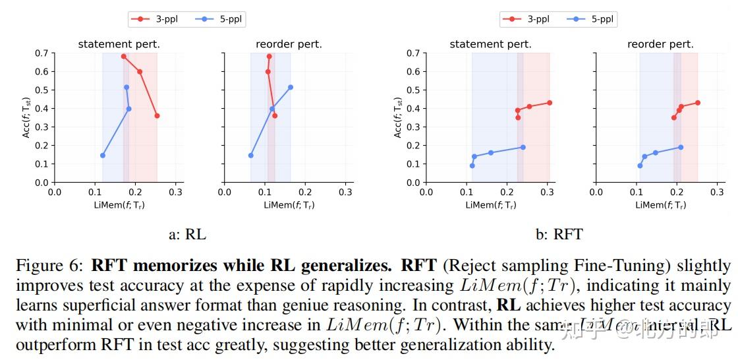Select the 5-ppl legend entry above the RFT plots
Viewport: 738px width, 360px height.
(592, 19)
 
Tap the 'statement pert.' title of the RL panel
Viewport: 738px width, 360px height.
(119, 44)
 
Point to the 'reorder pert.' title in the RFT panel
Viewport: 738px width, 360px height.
(660, 44)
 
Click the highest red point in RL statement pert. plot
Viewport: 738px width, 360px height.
(123, 57)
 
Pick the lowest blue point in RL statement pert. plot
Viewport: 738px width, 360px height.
(102, 156)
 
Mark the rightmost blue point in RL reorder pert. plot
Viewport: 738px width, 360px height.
(290, 87)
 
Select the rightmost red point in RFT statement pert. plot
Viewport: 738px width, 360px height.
(550, 103)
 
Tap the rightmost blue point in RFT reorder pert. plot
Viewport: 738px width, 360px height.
(681, 148)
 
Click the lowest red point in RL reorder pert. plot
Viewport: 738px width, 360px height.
(275, 115)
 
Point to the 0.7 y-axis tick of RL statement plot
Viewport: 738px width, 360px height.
(42, 53)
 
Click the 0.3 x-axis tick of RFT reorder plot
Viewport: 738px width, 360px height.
(718, 192)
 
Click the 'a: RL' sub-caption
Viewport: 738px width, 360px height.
(187, 234)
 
